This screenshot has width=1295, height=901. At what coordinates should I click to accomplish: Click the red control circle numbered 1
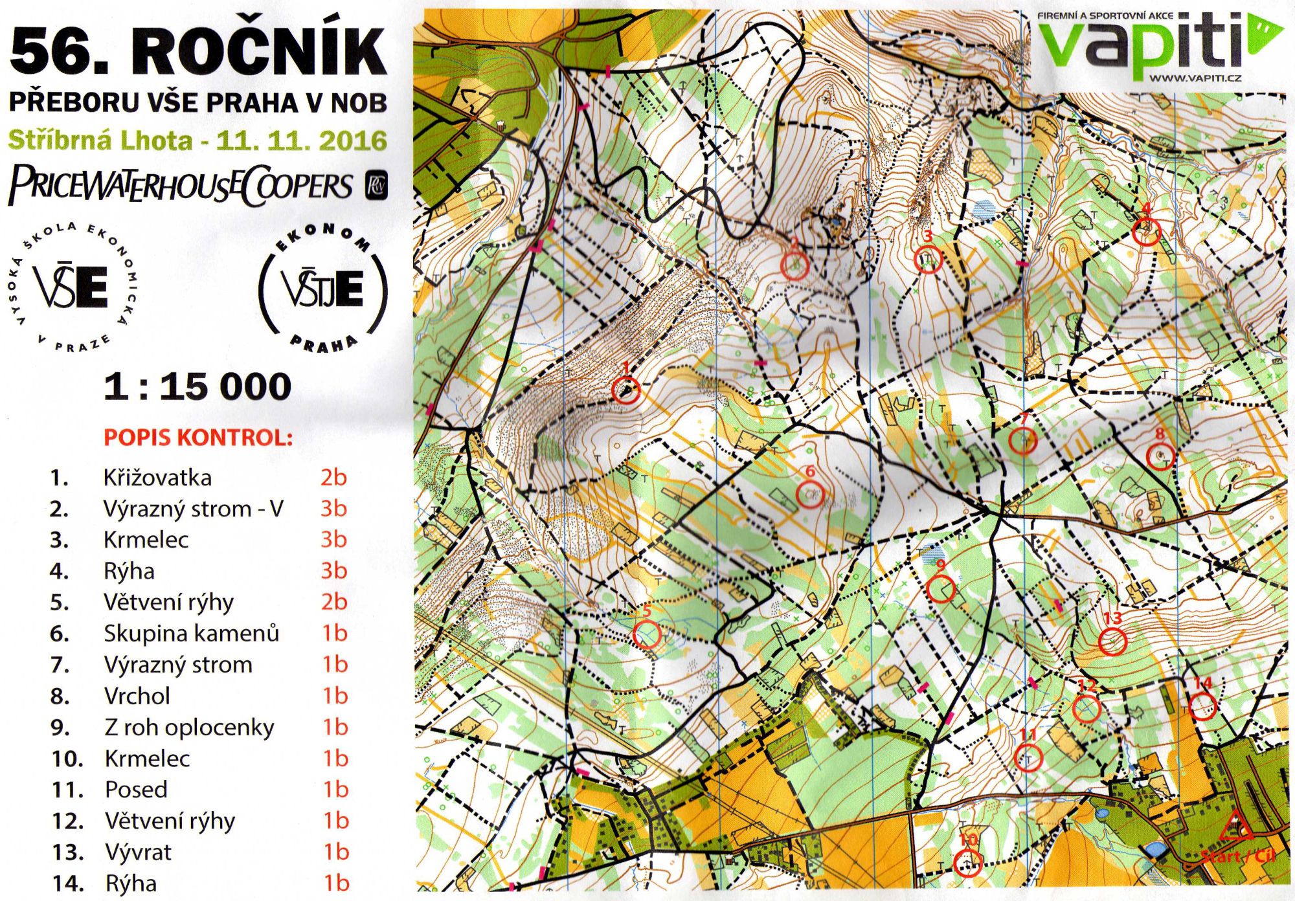625,390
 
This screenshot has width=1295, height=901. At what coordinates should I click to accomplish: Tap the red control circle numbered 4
1146,231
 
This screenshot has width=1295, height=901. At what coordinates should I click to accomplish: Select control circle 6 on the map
809,496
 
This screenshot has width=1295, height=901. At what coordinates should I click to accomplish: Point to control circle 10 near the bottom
968,862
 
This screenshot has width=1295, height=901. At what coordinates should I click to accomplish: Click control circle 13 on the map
1112,641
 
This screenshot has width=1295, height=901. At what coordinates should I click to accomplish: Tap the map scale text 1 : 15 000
197,386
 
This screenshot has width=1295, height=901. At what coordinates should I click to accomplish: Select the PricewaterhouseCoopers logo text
181,186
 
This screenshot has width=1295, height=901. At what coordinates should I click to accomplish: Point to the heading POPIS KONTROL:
198,438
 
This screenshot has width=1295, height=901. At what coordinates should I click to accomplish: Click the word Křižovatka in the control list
157,478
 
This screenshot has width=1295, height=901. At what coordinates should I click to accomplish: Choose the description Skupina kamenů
191,633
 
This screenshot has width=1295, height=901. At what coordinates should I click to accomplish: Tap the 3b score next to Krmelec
334,539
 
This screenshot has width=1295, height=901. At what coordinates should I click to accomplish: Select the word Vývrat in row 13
138,852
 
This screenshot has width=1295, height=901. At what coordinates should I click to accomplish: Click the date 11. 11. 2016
301,140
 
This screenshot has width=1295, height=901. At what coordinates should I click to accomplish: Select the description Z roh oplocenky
189,728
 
